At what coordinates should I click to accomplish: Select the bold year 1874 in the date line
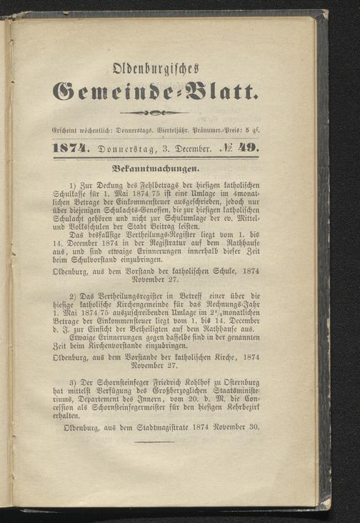[x=74, y=149]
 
